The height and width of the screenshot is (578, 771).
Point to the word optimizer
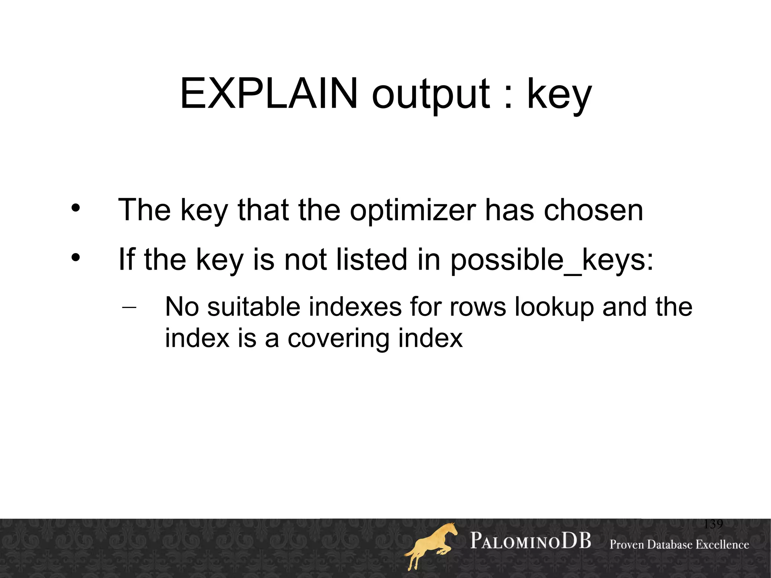tap(413, 210)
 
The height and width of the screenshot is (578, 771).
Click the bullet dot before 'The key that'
tap(76, 208)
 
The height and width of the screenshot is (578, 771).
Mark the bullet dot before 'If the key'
tap(76, 258)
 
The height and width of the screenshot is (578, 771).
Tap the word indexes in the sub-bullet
tap(355, 307)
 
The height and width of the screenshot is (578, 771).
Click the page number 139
tap(713, 524)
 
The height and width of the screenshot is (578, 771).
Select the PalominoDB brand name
tap(530, 541)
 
